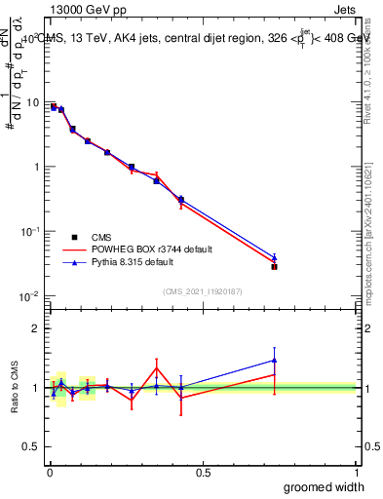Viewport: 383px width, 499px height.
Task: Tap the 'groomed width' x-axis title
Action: click(325, 486)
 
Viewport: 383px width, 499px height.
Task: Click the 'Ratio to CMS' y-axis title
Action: click(14, 388)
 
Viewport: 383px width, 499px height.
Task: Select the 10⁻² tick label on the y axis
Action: click(29, 295)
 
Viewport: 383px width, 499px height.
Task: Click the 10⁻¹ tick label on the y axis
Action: click(29, 231)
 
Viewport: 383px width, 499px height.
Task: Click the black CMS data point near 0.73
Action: click(275, 266)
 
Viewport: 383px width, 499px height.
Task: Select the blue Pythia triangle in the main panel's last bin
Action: click(275, 258)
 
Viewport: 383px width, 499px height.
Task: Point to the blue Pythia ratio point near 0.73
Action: click(275, 360)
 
